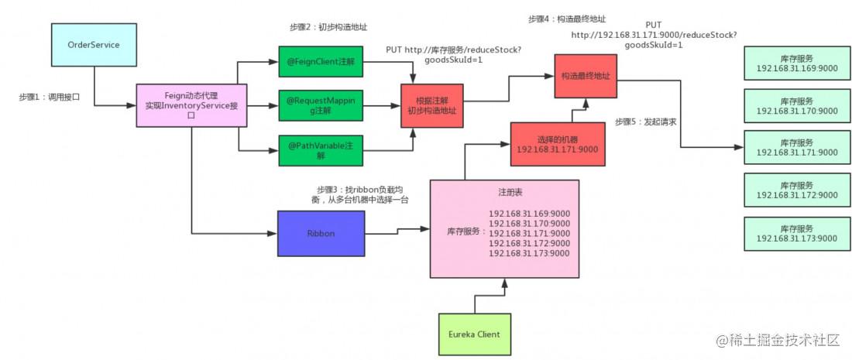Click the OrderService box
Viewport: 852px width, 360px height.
(94, 45)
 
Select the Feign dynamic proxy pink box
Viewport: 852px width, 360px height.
(191, 105)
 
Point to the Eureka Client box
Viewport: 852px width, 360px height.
(474, 334)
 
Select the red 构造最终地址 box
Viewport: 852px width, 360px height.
(586, 76)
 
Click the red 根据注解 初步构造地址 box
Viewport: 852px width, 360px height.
(432, 106)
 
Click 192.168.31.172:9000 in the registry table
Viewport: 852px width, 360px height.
(529, 243)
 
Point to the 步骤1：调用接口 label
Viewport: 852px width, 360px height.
(49, 98)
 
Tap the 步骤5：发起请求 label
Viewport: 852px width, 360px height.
(645, 122)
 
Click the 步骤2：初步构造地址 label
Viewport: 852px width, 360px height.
(325, 26)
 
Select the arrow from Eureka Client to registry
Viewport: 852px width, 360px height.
(490, 297)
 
